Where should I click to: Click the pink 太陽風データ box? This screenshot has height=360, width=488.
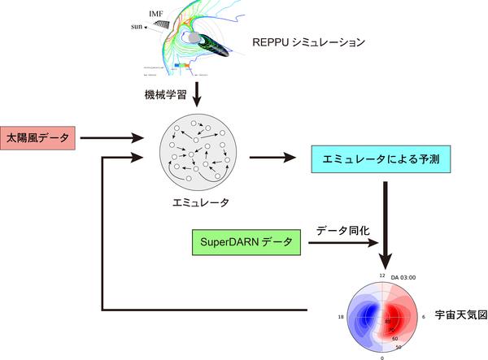(x=38, y=138)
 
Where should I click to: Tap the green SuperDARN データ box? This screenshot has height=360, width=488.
(x=242, y=242)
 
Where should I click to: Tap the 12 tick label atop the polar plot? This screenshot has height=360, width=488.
(x=381, y=275)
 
